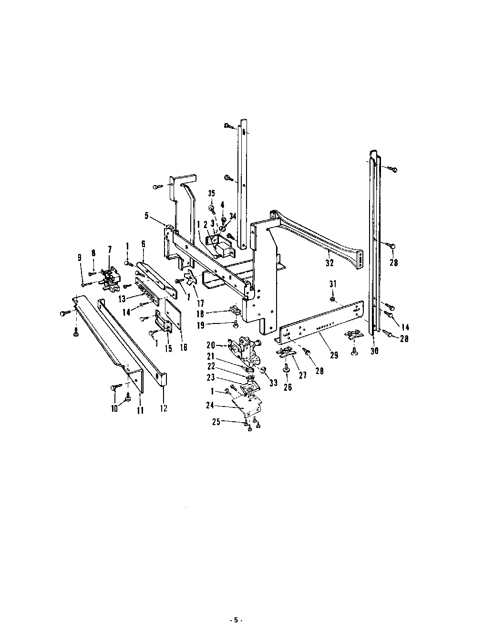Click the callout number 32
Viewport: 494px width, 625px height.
tap(329, 262)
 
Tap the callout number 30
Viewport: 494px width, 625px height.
tap(374, 351)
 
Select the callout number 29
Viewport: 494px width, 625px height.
tap(334, 355)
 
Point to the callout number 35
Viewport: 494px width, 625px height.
tap(212, 193)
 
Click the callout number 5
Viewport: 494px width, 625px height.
tap(146, 216)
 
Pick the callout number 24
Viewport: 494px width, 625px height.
tap(210, 405)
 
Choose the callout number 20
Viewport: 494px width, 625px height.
tap(211, 345)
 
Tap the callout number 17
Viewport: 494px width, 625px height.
tap(201, 303)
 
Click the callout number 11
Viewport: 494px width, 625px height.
tap(141, 410)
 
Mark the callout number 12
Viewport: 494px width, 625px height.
tap(164, 408)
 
